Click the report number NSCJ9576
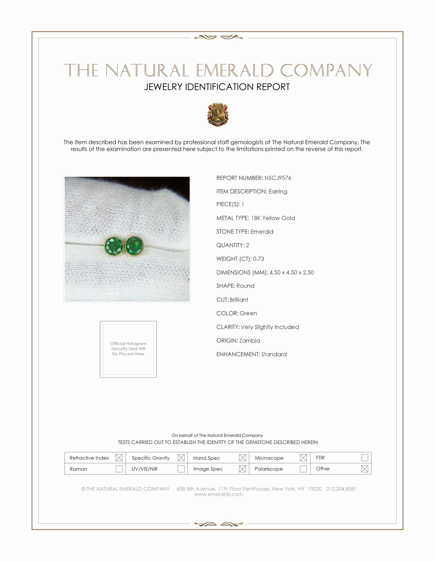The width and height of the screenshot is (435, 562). pos(278,178)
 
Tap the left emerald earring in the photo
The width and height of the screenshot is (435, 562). pos(114,247)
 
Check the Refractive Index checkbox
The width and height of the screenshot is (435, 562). pos(119,458)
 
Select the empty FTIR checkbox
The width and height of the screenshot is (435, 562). pos(364,458)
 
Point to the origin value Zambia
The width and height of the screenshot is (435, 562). pos(249,341)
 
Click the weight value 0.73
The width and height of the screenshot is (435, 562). pos(258,259)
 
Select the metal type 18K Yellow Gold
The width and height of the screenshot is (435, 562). pos(273,218)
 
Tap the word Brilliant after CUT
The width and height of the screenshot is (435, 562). pos(239,300)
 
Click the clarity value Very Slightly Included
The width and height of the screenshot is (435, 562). pos(270,327)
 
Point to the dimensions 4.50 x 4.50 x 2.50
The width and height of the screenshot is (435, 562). pos(292,272)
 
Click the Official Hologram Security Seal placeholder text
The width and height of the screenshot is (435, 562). pos(128,348)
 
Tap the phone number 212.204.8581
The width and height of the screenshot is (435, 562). pos(341,489)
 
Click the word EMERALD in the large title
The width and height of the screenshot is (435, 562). pos(234,70)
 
